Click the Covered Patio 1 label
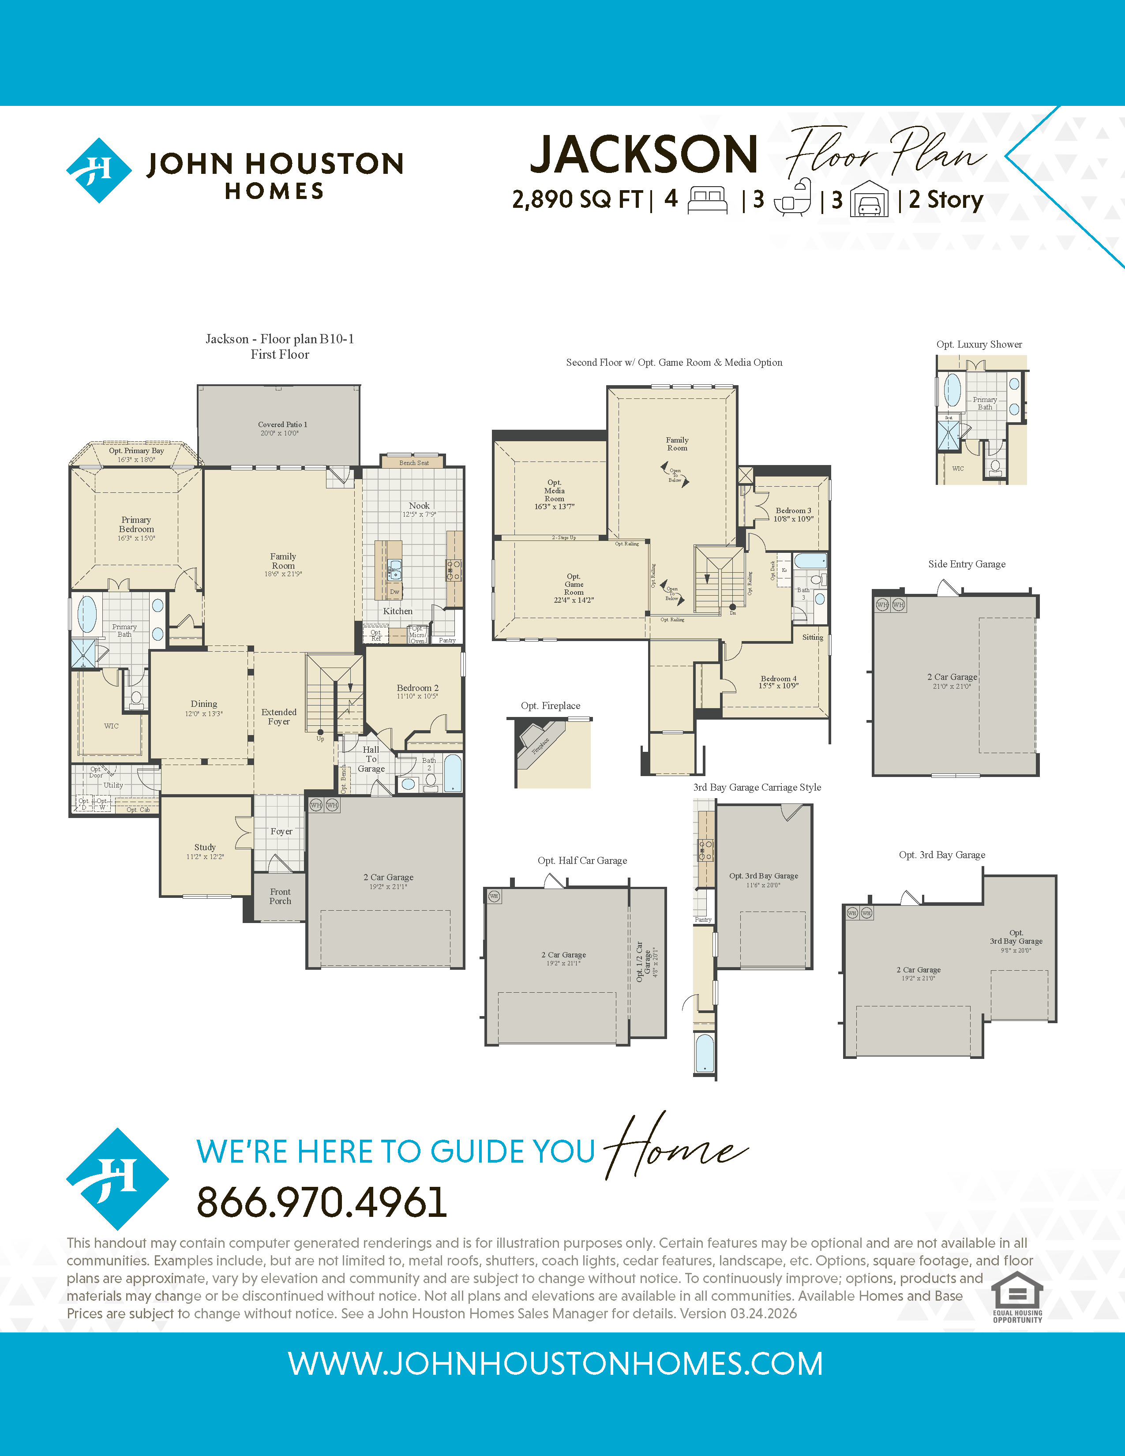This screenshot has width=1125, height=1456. tap(283, 428)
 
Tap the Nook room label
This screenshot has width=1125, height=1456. tap(419, 509)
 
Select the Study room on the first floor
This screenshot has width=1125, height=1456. tap(205, 851)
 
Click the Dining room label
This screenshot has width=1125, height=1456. tap(204, 707)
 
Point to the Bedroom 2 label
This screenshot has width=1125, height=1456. tap(417, 690)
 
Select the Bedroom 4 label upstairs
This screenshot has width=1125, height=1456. tap(778, 681)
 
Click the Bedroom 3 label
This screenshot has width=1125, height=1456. tap(793, 514)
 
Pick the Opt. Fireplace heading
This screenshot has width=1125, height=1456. tap(551, 705)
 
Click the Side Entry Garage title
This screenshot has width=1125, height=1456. tap(966, 564)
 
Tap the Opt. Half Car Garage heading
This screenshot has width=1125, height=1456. tap(582, 860)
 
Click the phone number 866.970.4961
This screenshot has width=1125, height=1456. tap(321, 1202)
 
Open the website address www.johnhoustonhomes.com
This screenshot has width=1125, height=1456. tap(555, 1364)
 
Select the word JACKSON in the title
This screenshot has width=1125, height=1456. tap(644, 155)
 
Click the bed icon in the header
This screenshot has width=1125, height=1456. tap(707, 199)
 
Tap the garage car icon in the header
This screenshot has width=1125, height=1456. tap(870, 199)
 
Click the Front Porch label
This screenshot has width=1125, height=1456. tap(280, 896)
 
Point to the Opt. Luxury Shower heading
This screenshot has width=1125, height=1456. tap(979, 344)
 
